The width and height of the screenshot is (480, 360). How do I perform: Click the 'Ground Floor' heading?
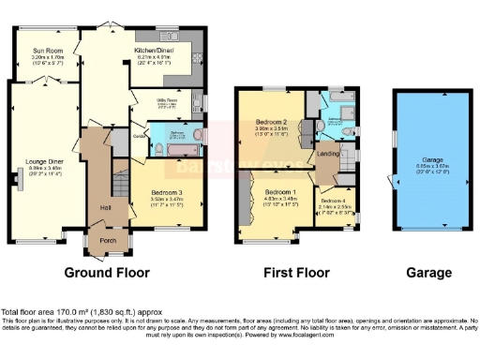(x=107, y=273)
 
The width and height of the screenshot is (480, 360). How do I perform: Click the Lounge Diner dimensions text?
(x=44, y=172)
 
